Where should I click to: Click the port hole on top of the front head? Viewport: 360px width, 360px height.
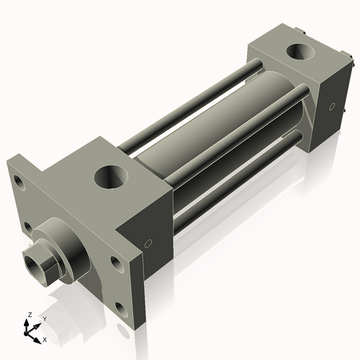112,176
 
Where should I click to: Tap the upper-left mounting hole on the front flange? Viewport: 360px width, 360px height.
21,184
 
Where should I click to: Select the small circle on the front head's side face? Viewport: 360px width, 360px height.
148,243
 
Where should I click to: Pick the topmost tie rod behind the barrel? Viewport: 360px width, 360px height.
187,108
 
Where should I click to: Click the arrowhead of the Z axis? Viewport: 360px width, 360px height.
27,323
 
